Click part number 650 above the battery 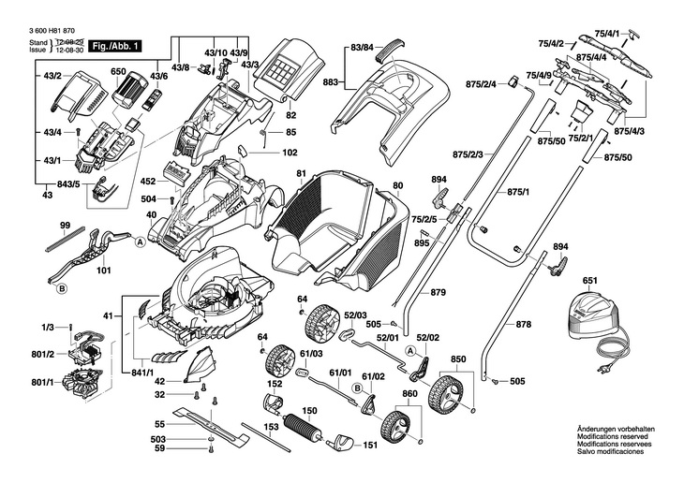[x=118, y=71]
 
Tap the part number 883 [x=330, y=83]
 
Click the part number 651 [x=589, y=280]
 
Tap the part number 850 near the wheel [x=458, y=359]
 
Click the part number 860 [x=409, y=394]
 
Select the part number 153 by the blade [x=270, y=427]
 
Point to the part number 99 [x=65, y=226]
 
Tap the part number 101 [x=103, y=271]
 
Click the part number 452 [x=147, y=182]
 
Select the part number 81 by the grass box [x=301, y=173]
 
